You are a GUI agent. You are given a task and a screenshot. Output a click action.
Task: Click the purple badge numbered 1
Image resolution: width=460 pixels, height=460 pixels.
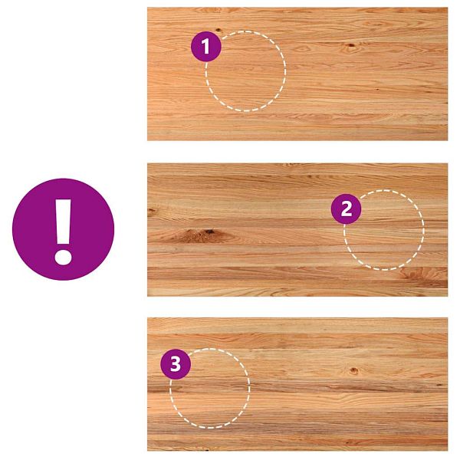(x=206, y=46)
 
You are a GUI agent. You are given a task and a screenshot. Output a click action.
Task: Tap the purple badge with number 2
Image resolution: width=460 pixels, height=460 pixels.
(x=347, y=209)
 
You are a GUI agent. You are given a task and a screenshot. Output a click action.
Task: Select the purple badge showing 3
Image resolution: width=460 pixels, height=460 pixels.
(x=176, y=364)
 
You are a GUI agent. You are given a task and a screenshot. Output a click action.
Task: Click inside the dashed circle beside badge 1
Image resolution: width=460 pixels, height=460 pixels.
(x=245, y=71)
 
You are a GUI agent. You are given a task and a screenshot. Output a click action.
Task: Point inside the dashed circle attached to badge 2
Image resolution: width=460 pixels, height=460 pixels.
(x=384, y=230)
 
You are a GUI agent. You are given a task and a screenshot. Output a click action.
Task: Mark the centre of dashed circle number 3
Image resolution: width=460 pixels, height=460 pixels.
(x=210, y=388)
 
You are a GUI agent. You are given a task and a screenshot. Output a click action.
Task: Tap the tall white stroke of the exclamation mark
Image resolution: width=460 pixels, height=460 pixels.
(x=63, y=222)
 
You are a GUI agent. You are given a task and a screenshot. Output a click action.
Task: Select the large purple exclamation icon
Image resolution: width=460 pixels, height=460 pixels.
(x=63, y=229)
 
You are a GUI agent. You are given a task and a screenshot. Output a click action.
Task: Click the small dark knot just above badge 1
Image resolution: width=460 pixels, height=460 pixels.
(x=219, y=30)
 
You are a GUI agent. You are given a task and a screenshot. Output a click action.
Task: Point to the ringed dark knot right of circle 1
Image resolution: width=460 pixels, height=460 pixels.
(x=351, y=45)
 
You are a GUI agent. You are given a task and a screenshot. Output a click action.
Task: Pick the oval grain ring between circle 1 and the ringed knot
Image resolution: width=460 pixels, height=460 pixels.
(x=302, y=48)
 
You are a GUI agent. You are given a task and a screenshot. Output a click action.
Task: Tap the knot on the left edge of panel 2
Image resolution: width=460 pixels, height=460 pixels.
(x=151, y=211)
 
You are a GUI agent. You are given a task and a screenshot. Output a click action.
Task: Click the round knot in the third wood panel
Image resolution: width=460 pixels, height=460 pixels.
(x=354, y=371)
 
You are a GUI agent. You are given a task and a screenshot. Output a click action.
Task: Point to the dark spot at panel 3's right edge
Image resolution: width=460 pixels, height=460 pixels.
(x=440, y=384)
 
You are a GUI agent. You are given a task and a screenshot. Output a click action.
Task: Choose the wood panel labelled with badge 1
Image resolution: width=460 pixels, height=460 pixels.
(x=297, y=74)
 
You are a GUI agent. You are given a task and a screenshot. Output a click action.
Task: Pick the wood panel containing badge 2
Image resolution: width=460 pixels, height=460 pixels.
(x=297, y=230)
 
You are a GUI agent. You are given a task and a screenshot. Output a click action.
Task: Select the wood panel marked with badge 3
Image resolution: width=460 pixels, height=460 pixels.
(x=297, y=384)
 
